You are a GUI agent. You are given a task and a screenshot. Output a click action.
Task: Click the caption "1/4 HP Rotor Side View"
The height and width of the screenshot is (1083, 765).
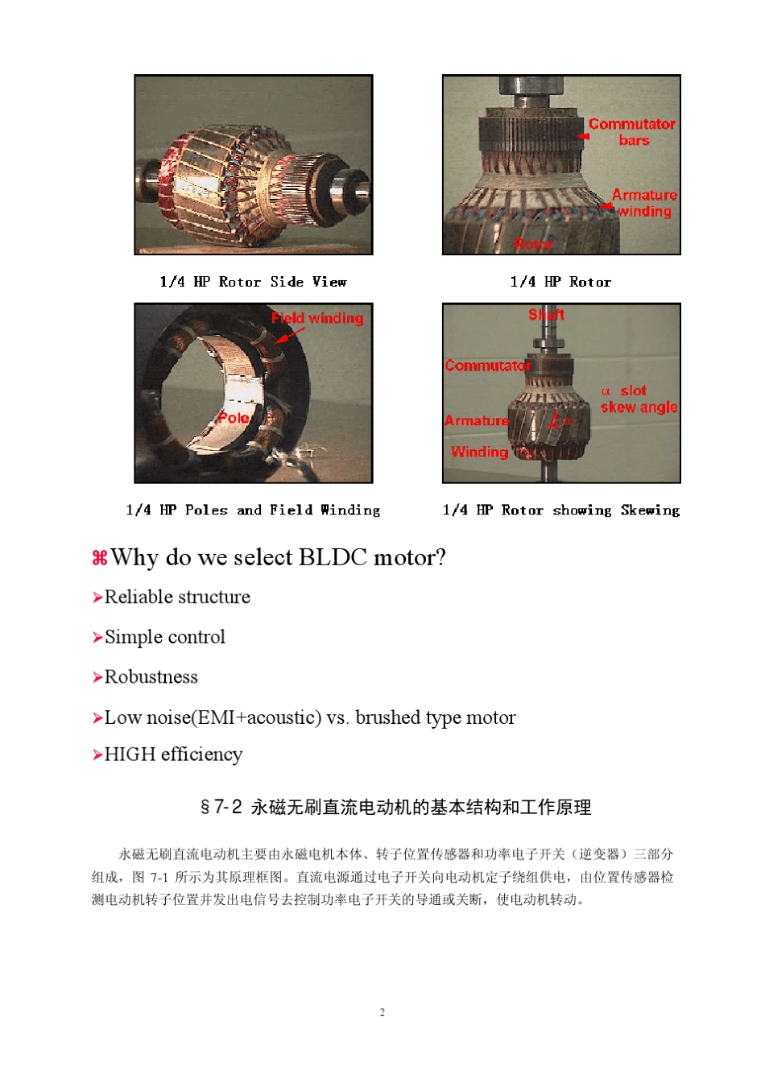(x=253, y=282)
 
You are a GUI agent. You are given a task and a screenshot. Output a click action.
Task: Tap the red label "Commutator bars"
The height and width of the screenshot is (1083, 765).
(x=632, y=132)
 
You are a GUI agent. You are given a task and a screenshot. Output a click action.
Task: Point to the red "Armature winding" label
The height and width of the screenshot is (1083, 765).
(x=644, y=203)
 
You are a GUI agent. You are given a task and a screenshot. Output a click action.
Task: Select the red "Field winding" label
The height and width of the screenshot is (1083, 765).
(x=317, y=318)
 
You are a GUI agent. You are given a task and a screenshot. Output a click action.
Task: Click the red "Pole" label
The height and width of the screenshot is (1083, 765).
(x=233, y=418)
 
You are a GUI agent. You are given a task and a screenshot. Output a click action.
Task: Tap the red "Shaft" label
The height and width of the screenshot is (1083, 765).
(x=546, y=315)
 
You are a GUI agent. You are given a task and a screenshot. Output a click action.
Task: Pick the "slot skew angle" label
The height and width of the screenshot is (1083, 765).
(x=639, y=399)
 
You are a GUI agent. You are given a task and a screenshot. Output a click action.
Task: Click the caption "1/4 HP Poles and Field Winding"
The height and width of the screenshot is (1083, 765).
(x=253, y=510)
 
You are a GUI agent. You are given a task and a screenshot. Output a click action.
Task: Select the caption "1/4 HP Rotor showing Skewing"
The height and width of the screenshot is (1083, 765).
(x=560, y=510)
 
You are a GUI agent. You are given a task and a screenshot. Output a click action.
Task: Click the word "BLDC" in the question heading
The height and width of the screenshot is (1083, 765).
(x=333, y=557)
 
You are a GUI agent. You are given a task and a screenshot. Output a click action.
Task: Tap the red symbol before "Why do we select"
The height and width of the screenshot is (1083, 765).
(x=99, y=558)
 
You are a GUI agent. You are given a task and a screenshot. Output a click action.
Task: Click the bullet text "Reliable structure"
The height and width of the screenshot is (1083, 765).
(x=177, y=597)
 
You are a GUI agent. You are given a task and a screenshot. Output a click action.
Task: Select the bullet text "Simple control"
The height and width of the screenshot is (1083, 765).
(x=165, y=637)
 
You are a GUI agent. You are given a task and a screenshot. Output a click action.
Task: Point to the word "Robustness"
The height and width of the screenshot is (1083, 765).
(x=151, y=677)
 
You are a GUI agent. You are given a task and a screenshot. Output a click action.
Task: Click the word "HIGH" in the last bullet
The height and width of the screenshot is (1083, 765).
(x=130, y=754)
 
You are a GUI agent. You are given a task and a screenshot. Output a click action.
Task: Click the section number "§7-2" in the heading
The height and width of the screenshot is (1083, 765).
(x=221, y=807)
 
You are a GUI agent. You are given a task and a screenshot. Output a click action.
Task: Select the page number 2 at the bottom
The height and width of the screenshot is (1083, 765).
(x=382, y=1012)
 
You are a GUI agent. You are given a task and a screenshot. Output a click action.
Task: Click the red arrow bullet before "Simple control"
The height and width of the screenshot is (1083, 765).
(x=97, y=638)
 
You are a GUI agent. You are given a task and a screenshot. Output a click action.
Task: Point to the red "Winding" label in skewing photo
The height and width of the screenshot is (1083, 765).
(x=479, y=452)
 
